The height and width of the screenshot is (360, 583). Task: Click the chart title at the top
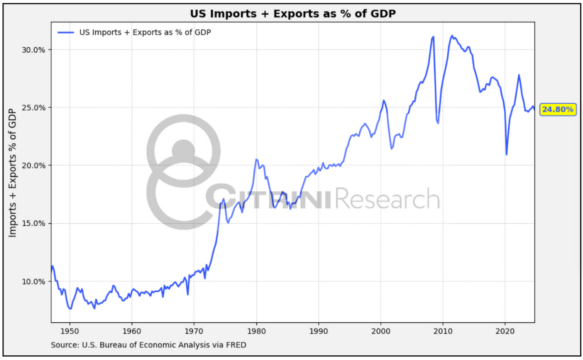tap(293, 14)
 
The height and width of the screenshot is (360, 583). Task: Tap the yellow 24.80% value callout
tap(557, 109)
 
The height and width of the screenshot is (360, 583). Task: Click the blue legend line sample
tap(65, 32)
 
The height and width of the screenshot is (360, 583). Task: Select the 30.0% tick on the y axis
tap(33, 50)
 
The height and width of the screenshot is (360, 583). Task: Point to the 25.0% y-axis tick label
tap(33, 107)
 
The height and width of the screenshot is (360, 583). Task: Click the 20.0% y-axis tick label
tap(33, 166)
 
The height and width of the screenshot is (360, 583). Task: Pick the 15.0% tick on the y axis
tap(33, 223)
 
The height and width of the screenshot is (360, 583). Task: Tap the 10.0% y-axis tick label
tap(33, 281)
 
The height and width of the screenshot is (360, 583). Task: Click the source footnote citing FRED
tap(148, 344)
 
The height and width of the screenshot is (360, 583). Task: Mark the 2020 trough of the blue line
tap(506, 154)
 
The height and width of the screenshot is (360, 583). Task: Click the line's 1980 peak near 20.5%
tap(256, 159)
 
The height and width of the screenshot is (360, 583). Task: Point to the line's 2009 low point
tap(438, 123)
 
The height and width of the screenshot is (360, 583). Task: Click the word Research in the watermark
tap(388, 199)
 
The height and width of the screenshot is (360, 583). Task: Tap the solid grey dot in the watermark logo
tap(183, 150)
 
